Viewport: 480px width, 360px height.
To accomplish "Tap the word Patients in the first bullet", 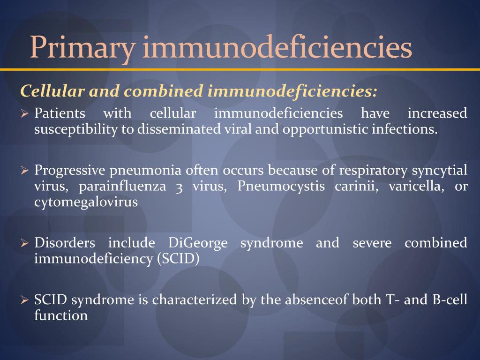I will point(60,113).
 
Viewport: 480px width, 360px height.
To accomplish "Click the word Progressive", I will point(70,170).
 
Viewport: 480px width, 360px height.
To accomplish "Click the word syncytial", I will point(440,170).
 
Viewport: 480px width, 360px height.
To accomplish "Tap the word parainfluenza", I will point(122,187).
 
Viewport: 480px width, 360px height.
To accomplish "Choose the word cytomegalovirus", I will point(86,202).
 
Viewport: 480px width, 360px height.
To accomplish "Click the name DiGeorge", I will point(197,243).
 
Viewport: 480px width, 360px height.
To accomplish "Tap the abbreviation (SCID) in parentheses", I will point(179,259).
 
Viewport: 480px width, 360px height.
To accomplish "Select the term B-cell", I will point(449,300).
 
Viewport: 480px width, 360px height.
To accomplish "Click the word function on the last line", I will point(61,315).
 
